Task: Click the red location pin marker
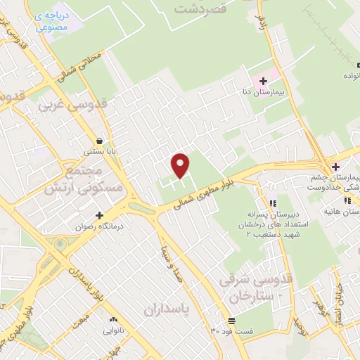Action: [x=181, y=165]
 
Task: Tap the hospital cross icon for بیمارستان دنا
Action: [x=263, y=81]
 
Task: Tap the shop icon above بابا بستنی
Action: [x=99, y=139]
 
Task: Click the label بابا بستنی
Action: [x=99, y=150]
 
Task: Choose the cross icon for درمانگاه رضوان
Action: [x=99, y=215]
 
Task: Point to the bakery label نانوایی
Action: [x=113, y=329]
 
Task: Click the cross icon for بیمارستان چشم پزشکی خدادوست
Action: [x=336, y=167]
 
